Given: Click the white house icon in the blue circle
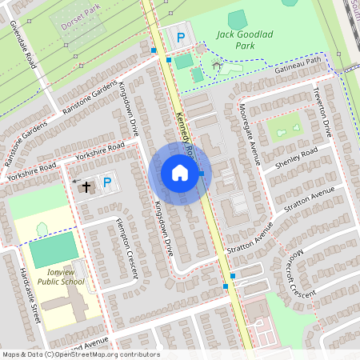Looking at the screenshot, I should tap(180, 173).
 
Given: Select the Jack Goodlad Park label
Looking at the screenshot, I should tap(246, 42).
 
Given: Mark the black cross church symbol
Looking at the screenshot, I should tap(86, 186).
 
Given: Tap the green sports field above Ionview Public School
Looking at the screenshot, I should tap(54, 250).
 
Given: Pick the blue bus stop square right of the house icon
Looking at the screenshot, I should tap(202, 174).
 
